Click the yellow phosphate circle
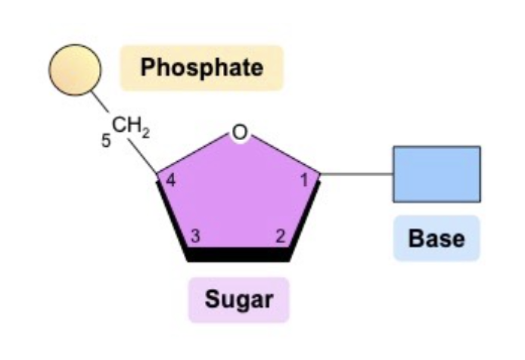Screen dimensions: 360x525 pyautogui.click(x=75, y=68)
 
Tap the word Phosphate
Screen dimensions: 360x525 pyautogui.click(x=202, y=67)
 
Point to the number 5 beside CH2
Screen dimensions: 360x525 pyautogui.click(x=107, y=141)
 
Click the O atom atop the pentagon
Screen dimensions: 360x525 pyautogui.click(x=239, y=133)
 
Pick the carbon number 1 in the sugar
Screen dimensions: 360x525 pyautogui.click(x=304, y=181)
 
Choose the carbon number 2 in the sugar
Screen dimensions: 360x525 pyautogui.click(x=279, y=236)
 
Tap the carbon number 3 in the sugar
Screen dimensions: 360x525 pyautogui.click(x=195, y=236)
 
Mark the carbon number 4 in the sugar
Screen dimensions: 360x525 pyautogui.click(x=171, y=181)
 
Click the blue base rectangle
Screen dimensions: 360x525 pyautogui.click(x=436, y=174)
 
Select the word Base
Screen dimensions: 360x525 pyautogui.click(x=436, y=238)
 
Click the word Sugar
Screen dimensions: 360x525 pyautogui.click(x=239, y=299)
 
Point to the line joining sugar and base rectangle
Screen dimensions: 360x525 pyautogui.click(x=356, y=175)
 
